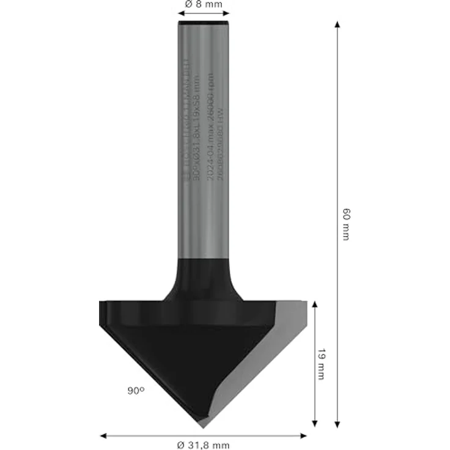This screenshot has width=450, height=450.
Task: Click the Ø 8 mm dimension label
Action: click(204, 4)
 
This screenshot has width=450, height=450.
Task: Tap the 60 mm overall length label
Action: click(346, 224)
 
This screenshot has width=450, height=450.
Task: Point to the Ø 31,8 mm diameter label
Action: click(204, 444)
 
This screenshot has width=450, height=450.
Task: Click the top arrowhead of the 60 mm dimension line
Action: click(337, 24)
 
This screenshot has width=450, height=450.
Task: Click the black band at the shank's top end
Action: click(203, 23)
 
